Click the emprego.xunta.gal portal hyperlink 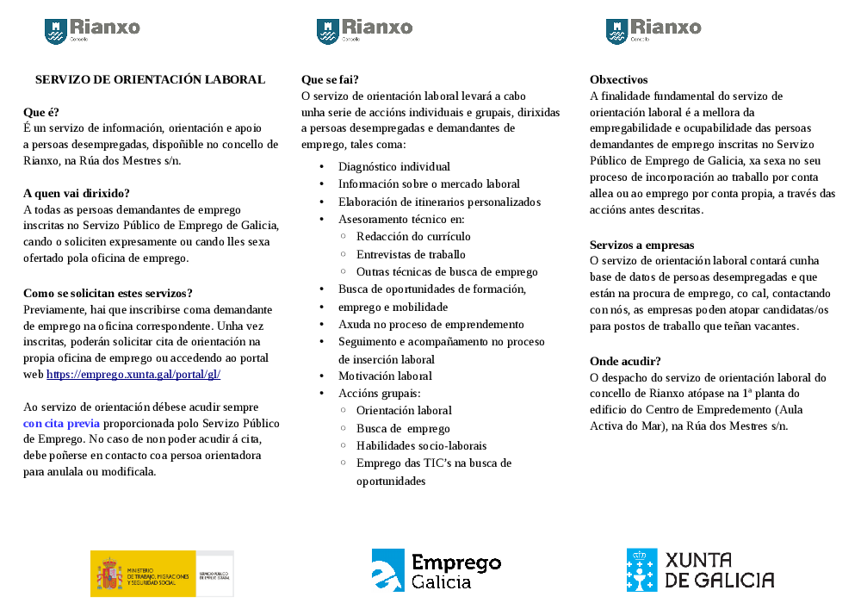[x=133, y=375]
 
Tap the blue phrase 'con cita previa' [x=61, y=423]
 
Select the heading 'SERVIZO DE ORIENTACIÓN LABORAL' [x=150, y=79]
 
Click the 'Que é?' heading [x=41, y=112]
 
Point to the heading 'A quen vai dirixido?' [x=77, y=193]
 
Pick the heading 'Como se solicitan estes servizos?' [x=108, y=293]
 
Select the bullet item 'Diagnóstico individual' [x=393, y=166]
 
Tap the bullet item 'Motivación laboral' [x=385, y=376]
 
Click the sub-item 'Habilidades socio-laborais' [x=421, y=445]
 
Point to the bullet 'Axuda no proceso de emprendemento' [x=430, y=324]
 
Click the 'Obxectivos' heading [x=618, y=79]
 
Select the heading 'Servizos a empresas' [x=641, y=245]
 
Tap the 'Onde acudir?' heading [x=625, y=361]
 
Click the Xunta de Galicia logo [x=700, y=569]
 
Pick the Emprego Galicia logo [x=437, y=570]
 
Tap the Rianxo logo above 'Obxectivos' [x=653, y=31]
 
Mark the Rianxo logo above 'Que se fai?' [x=364, y=31]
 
